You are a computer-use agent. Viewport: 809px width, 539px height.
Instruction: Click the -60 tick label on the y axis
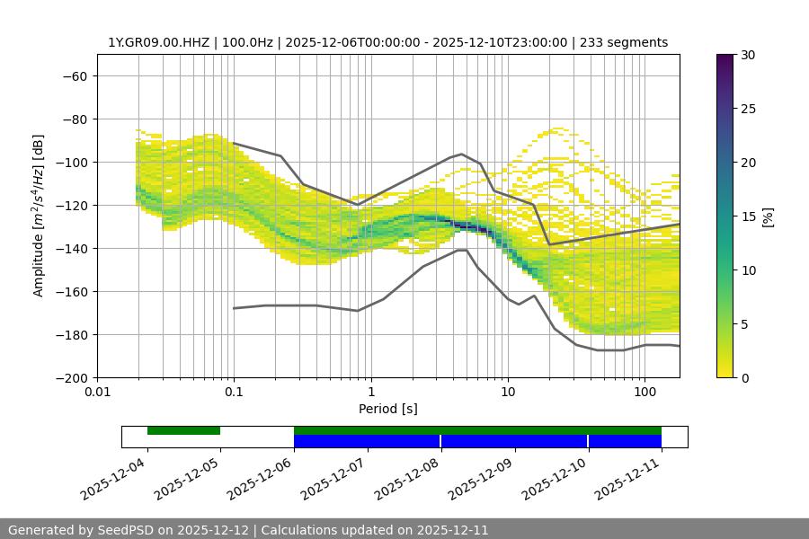click(x=74, y=75)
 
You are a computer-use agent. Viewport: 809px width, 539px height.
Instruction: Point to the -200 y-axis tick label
click(x=70, y=377)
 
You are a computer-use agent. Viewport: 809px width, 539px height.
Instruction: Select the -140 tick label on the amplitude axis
click(x=70, y=248)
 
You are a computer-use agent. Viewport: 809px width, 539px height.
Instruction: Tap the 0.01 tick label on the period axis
click(x=97, y=393)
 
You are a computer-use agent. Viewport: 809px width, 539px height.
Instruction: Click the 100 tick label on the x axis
click(x=645, y=393)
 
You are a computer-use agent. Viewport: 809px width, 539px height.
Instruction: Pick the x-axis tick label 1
click(x=370, y=393)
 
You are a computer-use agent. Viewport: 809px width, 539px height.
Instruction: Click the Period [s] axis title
click(x=388, y=409)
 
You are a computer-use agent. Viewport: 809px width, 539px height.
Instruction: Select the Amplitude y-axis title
click(x=39, y=216)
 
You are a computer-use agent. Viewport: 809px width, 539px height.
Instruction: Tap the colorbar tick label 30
click(x=747, y=55)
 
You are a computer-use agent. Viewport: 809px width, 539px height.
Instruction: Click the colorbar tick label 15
click(x=747, y=216)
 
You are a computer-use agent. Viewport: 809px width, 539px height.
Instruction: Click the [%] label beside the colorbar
click(x=768, y=216)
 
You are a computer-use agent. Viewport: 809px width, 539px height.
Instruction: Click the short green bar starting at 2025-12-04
click(x=183, y=430)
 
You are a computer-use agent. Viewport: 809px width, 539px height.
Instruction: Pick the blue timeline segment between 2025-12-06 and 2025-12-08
click(x=367, y=441)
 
